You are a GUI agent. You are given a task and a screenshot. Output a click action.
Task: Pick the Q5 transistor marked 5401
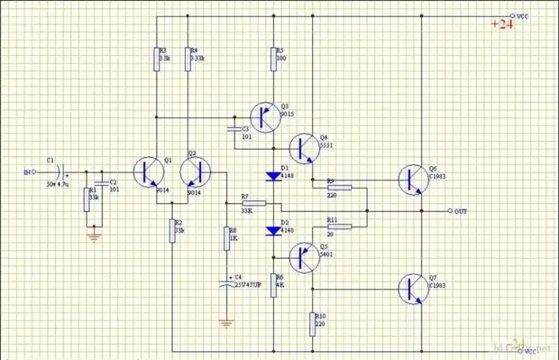[303, 256]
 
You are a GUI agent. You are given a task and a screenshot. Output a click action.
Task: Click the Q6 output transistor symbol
[413, 179]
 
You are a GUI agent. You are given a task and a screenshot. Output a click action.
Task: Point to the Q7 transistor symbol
[413, 289]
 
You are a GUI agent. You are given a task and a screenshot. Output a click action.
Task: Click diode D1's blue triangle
[273, 175]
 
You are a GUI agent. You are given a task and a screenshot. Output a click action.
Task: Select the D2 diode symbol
[273, 230]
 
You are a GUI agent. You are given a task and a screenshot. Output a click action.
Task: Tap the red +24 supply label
[502, 24]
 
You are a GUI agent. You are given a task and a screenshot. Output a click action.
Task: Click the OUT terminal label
[462, 211]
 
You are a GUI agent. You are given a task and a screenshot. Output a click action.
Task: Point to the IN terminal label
[27, 172]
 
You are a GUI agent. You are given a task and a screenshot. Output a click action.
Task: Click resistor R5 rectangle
[273, 60]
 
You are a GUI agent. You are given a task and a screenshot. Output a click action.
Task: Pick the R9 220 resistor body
[340, 188]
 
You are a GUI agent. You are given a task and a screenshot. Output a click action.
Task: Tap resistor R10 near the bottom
[313, 323]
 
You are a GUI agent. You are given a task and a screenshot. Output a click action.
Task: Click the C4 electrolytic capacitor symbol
[227, 282]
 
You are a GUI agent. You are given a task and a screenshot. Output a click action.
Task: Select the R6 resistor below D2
[273, 284]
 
